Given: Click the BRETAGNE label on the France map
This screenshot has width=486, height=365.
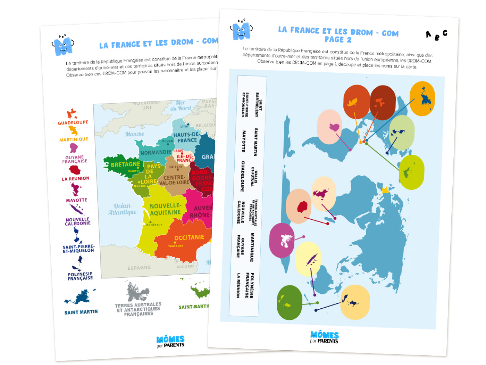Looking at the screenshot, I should point(125,164).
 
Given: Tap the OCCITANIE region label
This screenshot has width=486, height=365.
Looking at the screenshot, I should point(189,237).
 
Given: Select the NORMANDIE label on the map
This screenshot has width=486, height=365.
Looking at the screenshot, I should point(156,152).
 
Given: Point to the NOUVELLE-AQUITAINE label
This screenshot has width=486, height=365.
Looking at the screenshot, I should point(165,209).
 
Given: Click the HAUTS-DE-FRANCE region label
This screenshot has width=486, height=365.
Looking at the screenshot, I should point(187,137).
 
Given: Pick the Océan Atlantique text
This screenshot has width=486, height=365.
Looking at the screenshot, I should point(122,209).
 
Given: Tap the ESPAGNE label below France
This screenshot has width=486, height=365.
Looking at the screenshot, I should point(139,268).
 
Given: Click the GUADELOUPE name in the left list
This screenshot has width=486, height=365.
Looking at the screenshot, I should point(73,123).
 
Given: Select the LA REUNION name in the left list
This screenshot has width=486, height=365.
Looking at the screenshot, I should point(75,179).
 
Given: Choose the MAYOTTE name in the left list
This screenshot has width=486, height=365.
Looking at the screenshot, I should point(76,200).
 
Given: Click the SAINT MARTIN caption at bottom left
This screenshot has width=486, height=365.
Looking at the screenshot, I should point(81,312).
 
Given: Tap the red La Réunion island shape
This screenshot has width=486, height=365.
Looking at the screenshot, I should point(75,170).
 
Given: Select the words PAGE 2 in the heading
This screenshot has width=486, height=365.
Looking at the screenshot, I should point(338,40).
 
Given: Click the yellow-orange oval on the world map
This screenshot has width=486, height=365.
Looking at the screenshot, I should point(422,99).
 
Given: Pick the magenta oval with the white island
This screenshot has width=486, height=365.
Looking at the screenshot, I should point(282,240).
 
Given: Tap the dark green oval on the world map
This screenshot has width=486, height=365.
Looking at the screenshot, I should point(290,302).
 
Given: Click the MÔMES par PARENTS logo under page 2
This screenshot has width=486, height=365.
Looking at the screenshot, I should point(324,337).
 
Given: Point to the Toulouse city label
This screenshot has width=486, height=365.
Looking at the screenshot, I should point(176,246).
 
